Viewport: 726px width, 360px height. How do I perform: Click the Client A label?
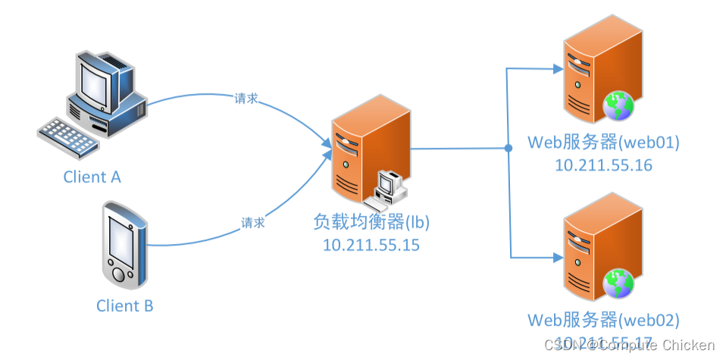click(x=92, y=177)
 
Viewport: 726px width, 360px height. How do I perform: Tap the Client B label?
click(x=125, y=306)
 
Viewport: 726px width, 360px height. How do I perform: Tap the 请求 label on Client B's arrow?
click(x=253, y=224)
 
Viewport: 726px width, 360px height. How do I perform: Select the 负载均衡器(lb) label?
click(x=371, y=223)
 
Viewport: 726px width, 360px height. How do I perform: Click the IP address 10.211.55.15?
click(x=371, y=246)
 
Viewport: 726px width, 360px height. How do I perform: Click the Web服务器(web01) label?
click(x=603, y=142)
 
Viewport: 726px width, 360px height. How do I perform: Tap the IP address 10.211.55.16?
click(x=603, y=164)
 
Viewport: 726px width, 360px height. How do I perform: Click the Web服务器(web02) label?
click(x=603, y=319)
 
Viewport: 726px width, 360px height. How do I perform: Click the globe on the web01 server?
click(x=618, y=107)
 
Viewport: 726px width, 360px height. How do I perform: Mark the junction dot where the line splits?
click(x=508, y=148)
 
